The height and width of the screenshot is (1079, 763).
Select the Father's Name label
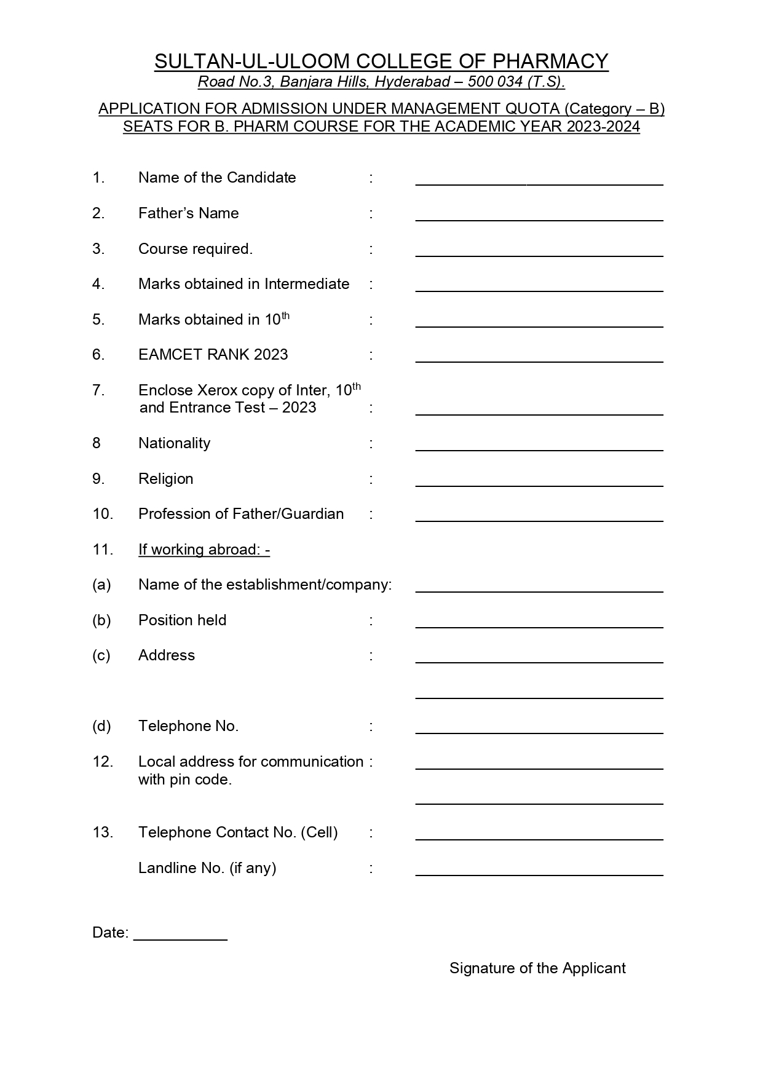point(188,213)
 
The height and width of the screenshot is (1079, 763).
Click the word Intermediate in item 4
point(307,284)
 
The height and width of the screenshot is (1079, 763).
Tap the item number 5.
point(98,320)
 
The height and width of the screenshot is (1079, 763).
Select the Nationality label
point(174,443)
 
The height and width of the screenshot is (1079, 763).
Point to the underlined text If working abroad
point(204,550)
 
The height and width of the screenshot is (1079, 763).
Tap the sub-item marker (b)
point(101,620)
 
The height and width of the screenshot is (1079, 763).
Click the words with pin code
point(184,780)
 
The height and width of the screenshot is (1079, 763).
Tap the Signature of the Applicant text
point(537,968)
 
